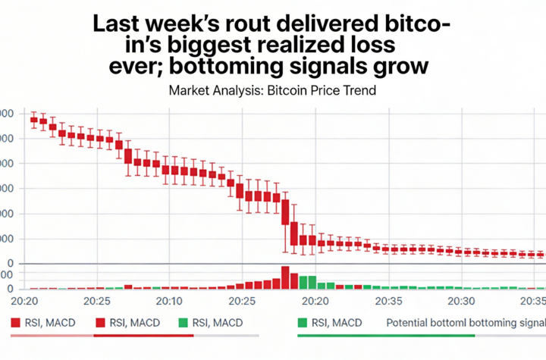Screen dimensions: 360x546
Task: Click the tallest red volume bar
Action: (x=285, y=277)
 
